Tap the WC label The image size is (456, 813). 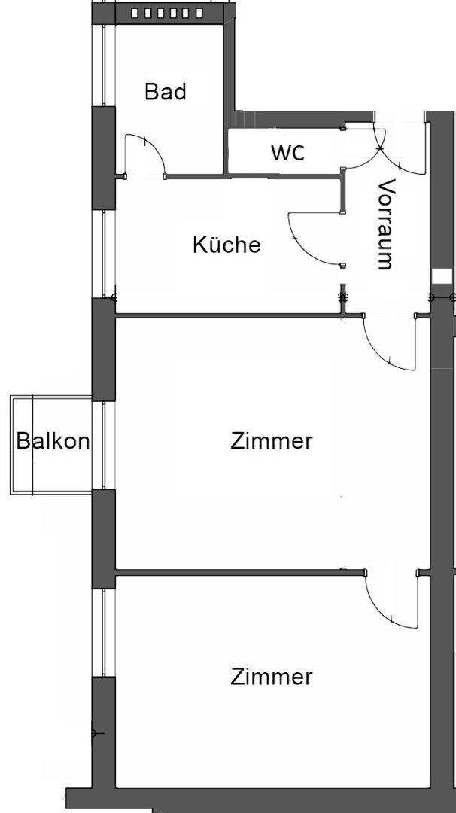click(287, 152)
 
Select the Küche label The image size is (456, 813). click(226, 244)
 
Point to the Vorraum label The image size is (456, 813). click(386, 224)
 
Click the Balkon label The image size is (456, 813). click(53, 441)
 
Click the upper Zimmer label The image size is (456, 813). click(272, 441)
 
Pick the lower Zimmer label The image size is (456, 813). click(272, 677)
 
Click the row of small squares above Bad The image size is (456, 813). click(167, 14)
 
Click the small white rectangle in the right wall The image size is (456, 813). click(442, 276)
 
